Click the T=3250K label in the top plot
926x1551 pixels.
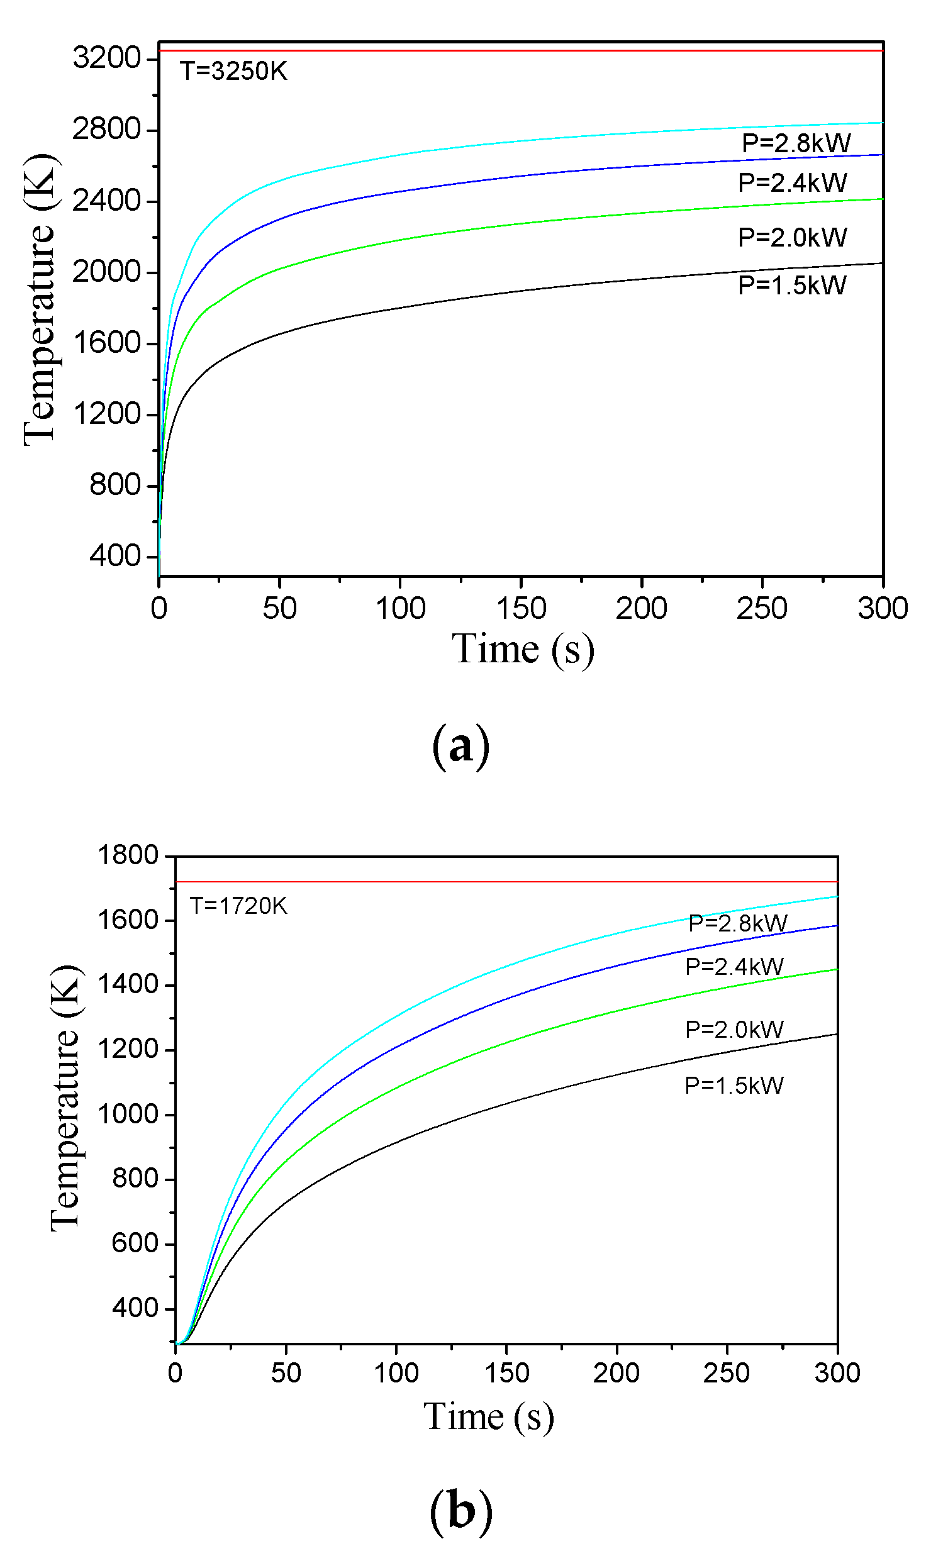pos(233,71)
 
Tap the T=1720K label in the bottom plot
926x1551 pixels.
pos(238,906)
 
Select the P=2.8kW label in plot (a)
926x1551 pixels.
pos(796,143)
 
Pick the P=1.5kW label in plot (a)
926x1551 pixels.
pos(792,286)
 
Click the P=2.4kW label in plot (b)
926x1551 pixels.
pos(734,967)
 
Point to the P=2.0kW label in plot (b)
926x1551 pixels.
pos(734,1030)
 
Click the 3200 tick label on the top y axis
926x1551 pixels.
pos(106,58)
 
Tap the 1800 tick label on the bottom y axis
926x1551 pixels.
pos(128,855)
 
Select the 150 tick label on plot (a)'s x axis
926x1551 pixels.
pos(521,608)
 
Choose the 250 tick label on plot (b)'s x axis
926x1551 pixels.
pos(727,1372)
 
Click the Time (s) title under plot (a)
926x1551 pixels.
pos(523,649)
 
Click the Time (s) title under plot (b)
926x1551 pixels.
pos(489,1417)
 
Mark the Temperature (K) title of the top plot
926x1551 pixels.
pos(41,299)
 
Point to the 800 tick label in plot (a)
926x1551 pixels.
pos(114,485)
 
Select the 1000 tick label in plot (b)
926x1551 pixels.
pos(128,1114)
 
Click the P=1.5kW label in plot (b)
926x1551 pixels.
pos(734,1086)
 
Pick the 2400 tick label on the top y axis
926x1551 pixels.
pos(106,201)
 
